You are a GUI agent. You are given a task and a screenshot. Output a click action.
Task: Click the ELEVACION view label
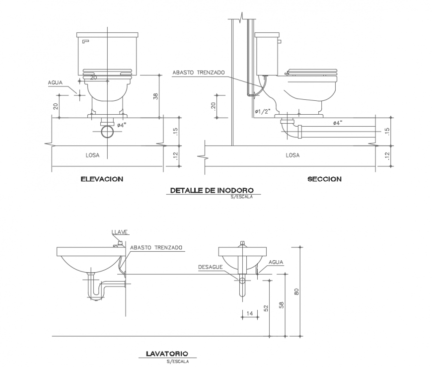(x=102, y=179)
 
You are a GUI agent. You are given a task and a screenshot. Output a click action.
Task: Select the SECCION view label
(x=324, y=179)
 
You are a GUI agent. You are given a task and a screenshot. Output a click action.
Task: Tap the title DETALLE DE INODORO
(x=212, y=190)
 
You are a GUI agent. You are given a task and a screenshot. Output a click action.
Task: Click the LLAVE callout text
(x=120, y=232)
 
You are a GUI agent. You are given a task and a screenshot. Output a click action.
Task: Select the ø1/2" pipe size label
(x=261, y=111)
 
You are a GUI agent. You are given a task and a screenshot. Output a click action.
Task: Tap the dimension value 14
(x=249, y=313)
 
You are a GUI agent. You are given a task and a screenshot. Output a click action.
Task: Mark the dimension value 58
(x=282, y=305)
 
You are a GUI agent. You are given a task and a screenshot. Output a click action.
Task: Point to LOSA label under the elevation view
(x=92, y=155)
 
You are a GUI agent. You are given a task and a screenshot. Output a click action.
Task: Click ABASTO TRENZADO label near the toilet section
(x=199, y=73)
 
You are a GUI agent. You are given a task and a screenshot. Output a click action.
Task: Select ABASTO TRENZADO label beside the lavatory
(x=156, y=247)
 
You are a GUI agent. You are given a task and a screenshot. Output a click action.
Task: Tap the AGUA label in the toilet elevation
(x=55, y=82)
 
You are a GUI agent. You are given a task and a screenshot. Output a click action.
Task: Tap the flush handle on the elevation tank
(x=85, y=41)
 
